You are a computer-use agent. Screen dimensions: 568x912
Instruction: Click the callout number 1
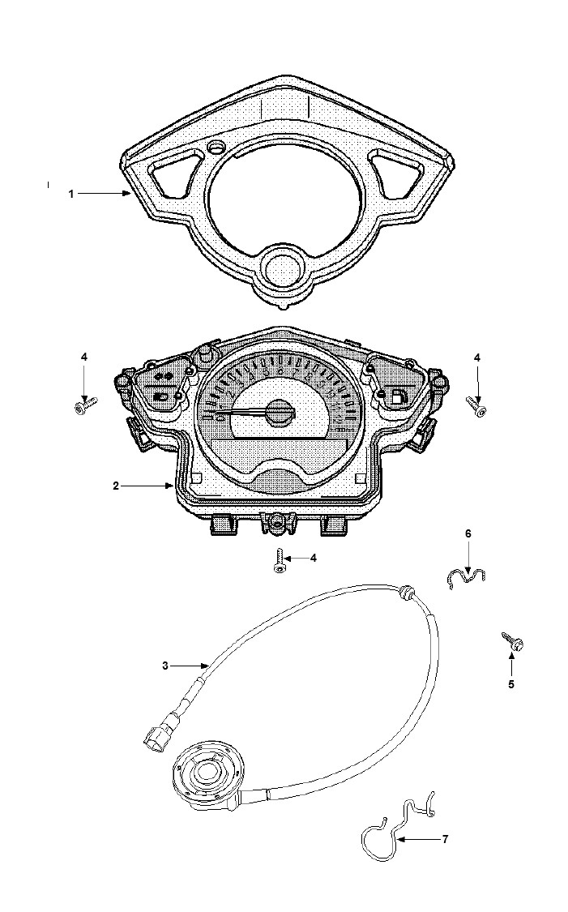(x=71, y=194)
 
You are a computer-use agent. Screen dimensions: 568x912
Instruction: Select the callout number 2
(x=117, y=486)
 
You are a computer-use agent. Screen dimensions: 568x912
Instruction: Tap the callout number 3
(x=165, y=666)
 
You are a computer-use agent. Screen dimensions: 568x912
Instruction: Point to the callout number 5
(x=511, y=684)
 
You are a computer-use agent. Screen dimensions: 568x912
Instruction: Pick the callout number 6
(x=468, y=533)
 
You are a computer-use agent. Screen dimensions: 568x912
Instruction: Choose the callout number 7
(x=446, y=839)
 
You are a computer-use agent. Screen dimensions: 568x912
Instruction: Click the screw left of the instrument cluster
(x=85, y=405)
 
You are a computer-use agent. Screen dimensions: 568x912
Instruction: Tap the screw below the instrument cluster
(x=279, y=562)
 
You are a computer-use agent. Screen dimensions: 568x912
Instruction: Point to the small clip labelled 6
(x=467, y=578)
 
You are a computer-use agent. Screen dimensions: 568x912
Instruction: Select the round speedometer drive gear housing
(x=205, y=773)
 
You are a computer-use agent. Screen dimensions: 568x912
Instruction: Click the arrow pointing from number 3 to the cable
(x=190, y=666)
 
